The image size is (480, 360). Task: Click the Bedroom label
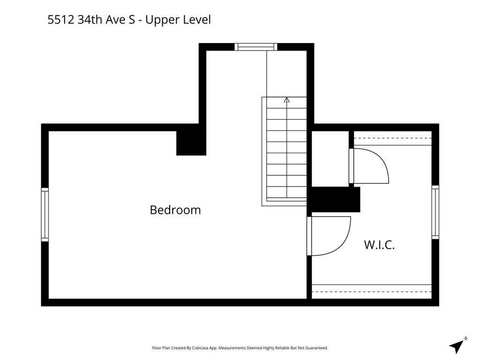pos(175,210)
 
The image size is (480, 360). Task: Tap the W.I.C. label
pos(379,245)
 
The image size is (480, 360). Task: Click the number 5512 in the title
pos(61,20)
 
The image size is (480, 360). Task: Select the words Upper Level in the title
pos(178,20)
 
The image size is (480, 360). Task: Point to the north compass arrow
pos(457,346)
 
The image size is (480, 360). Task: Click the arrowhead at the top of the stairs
pos(286,100)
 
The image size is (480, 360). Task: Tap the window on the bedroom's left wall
pos(45,214)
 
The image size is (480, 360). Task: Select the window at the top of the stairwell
pos(256,47)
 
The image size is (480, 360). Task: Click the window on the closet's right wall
pos(435,212)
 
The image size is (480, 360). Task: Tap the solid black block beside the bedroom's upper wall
pos(191,143)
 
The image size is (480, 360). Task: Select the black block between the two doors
pos(336,200)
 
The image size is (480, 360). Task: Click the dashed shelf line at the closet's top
pos(393,138)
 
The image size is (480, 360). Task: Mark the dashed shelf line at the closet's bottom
pos(372,292)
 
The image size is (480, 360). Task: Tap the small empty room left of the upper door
pos(330,158)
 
